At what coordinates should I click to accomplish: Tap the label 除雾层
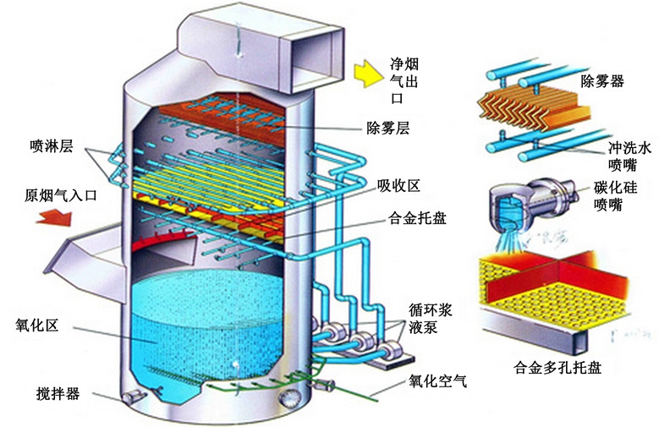[387, 129]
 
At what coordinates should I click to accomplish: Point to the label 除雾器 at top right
[601, 81]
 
